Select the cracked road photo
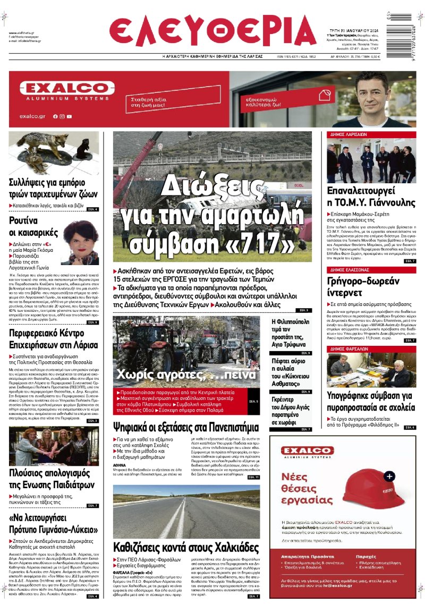point(186,510)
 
